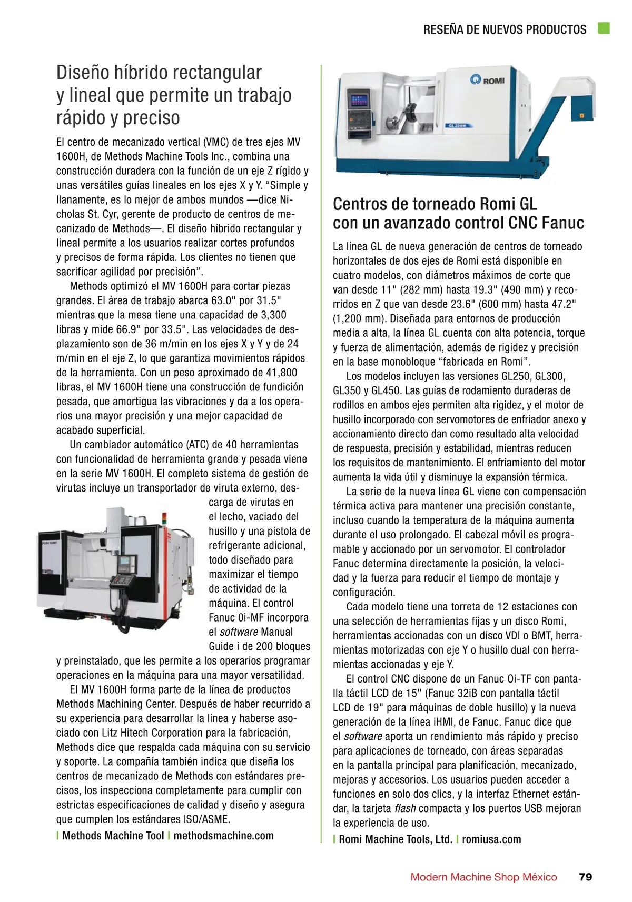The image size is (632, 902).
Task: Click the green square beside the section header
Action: pyautogui.click(x=604, y=28)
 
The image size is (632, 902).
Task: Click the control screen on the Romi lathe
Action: pyautogui.click(x=358, y=99)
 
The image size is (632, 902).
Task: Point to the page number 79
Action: pyautogui.click(x=585, y=877)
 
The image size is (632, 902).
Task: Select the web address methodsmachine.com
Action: pyautogui.click(x=224, y=835)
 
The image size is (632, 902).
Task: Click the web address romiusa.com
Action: pyautogui.click(x=491, y=839)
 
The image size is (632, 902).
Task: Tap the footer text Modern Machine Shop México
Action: pyautogui.click(x=483, y=877)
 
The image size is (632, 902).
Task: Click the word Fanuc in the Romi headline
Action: pyautogui.click(x=563, y=223)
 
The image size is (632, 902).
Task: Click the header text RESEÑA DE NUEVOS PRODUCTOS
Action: pyautogui.click(x=505, y=29)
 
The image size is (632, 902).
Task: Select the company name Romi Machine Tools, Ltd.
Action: pyautogui.click(x=396, y=839)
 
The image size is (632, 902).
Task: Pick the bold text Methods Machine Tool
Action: pyautogui.click(x=113, y=835)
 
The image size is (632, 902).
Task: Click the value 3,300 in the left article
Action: pyautogui.click(x=274, y=315)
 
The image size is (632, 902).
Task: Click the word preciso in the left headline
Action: pyautogui.click(x=152, y=117)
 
